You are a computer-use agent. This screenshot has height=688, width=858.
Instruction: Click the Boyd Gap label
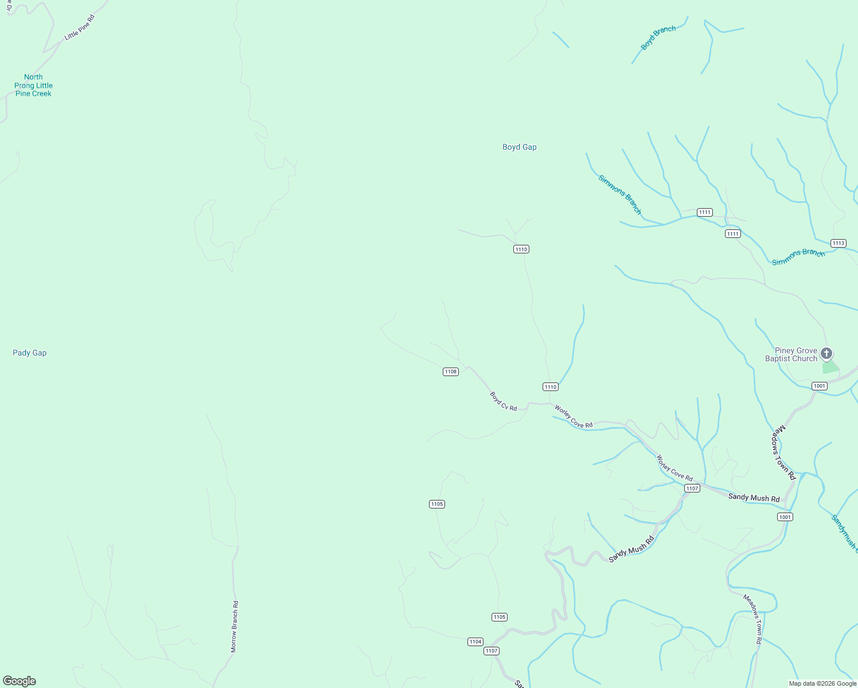tap(519, 147)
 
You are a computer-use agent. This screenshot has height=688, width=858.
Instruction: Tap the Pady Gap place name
tap(30, 353)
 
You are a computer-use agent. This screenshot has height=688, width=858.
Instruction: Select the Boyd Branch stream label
tap(658, 38)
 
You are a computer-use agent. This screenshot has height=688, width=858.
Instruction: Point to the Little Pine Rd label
tap(79, 27)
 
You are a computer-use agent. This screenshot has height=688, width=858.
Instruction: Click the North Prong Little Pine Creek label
tap(33, 85)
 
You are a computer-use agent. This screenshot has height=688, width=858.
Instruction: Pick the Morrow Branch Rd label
tap(235, 627)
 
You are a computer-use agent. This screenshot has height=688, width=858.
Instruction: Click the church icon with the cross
tap(826, 353)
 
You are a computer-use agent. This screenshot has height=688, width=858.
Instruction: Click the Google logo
tap(19, 681)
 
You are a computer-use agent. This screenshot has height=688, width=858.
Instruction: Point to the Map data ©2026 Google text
tap(822, 683)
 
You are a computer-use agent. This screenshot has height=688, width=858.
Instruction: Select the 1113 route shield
tap(838, 243)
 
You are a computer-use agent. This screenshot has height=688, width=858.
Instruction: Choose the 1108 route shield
tap(451, 372)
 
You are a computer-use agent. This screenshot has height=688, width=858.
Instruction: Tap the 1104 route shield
tap(475, 642)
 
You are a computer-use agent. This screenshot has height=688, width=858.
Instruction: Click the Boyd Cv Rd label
tap(504, 401)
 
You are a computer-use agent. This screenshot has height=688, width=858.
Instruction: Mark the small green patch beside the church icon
tap(830, 368)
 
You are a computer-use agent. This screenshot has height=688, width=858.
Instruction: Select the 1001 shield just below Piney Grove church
tap(820, 386)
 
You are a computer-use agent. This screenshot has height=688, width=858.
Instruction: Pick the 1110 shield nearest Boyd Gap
tap(521, 249)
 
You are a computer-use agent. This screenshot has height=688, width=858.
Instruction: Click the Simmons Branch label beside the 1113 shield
tap(798, 257)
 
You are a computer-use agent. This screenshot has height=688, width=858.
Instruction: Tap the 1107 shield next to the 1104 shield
tap(492, 651)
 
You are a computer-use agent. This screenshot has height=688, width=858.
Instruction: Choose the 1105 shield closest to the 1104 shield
tap(500, 617)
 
